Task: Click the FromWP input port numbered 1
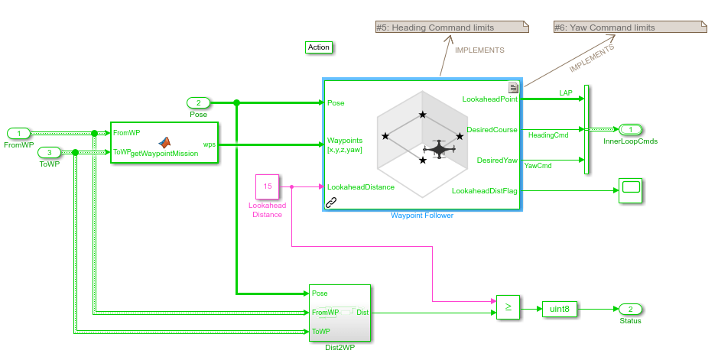[x=19, y=134]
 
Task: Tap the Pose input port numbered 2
[x=198, y=102]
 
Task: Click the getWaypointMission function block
[x=164, y=142]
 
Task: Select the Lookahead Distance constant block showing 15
[x=268, y=186]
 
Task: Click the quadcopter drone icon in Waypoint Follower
[x=439, y=149]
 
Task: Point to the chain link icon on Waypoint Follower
[x=331, y=203]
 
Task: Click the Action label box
[x=318, y=47]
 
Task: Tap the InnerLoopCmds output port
[x=631, y=129]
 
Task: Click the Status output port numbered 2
[x=630, y=309]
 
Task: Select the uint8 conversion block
[x=560, y=309]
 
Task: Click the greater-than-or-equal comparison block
[x=508, y=308]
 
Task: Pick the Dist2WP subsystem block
[x=340, y=313]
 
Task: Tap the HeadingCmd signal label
[x=548, y=135]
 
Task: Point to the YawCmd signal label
[x=544, y=165]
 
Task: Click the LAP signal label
[x=565, y=93]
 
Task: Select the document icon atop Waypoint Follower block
[x=513, y=87]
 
